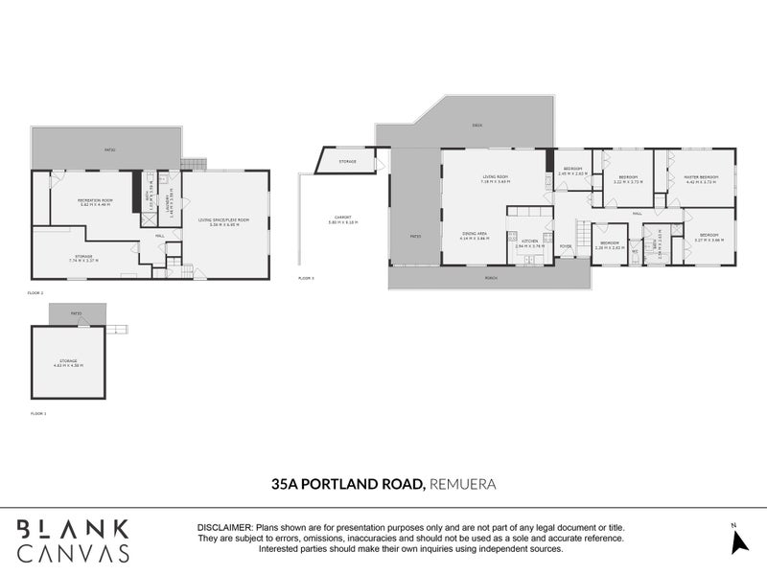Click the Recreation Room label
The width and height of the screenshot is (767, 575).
[94, 200]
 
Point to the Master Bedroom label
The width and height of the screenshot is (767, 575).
[701, 177]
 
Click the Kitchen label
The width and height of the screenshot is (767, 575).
[529, 243]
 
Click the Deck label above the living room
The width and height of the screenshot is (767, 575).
[476, 126]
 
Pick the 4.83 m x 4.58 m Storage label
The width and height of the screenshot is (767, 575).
[67, 361]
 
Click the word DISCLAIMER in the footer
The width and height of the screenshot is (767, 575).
[224, 528]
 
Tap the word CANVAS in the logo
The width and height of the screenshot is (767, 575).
[73, 553]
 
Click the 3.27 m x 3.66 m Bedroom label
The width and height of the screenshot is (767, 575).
[709, 235]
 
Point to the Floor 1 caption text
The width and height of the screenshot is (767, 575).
[39, 413]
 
